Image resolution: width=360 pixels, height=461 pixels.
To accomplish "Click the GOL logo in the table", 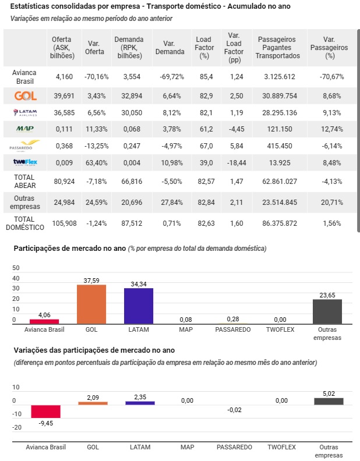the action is click(x=26, y=96).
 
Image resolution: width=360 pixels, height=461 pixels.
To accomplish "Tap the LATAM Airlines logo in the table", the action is click(x=25, y=112).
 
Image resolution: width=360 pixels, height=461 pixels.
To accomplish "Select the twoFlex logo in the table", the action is click(x=25, y=162).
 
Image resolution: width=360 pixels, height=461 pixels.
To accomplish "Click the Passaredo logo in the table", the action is click(x=25, y=146).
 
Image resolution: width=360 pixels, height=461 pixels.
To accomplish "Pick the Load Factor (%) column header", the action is click(x=204, y=48).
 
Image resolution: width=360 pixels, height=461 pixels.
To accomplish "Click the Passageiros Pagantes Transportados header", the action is click(x=278, y=48).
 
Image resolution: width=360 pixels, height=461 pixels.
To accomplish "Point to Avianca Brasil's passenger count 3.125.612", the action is click(x=280, y=77).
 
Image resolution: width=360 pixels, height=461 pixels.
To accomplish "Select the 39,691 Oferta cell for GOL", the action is click(x=64, y=96).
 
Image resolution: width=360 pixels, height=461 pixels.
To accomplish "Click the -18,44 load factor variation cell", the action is click(x=237, y=163).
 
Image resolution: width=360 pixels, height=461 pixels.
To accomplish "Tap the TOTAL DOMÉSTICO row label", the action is click(x=25, y=223).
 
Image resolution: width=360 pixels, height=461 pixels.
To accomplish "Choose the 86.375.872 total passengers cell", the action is click(x=280, y=224).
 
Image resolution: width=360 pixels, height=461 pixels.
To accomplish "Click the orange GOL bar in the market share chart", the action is click(x=91, y=304).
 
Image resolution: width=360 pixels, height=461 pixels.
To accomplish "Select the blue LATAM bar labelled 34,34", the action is click(x=139, y=306).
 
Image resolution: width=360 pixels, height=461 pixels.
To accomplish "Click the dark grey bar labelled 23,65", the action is click(x=327, y=311).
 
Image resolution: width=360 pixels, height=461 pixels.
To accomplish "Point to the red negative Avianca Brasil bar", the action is click(x=46, y=412).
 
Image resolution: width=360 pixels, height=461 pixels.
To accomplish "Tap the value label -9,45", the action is click(x=46, y=423).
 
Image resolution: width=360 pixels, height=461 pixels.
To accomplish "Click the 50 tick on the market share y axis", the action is click(x=16, y=268).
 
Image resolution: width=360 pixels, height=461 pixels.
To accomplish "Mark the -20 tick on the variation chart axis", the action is click(x=17, y=427).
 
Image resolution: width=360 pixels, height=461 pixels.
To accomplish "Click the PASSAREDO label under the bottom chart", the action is click(x=234, y=447).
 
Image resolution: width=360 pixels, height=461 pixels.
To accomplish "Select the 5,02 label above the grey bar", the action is click(x=329, y=393).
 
